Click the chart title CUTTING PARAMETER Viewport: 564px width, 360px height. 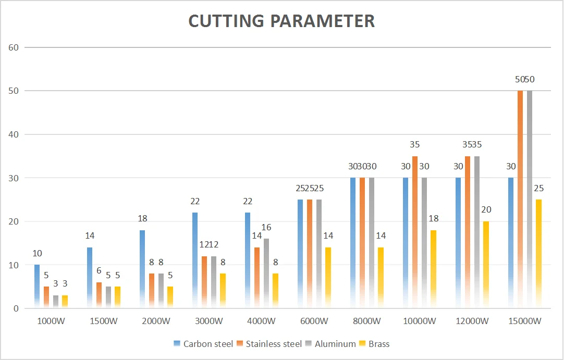click(281, 21)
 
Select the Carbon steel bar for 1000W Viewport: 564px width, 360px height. click(37, 287)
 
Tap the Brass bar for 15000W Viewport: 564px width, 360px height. click(539, 254)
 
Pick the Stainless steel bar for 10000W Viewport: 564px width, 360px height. click(415, 232)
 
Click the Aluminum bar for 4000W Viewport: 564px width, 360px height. click(267, 274)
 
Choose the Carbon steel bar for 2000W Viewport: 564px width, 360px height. click(142, 269)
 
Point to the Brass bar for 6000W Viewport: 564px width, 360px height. click(328, 278)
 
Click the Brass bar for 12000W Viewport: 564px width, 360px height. click(486, 265)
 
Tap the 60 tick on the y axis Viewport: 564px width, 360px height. click(14, 47)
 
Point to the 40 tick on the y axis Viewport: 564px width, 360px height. click(14, 134)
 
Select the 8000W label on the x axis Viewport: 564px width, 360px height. click(366, 321)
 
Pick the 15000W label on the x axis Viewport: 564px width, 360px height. click(524, 321)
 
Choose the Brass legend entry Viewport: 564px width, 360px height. click(379, 344)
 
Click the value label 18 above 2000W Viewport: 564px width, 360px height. click(142, 219)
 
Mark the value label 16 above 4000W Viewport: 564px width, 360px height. click(267, 227)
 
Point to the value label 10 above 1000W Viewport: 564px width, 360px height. click(37, 254)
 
